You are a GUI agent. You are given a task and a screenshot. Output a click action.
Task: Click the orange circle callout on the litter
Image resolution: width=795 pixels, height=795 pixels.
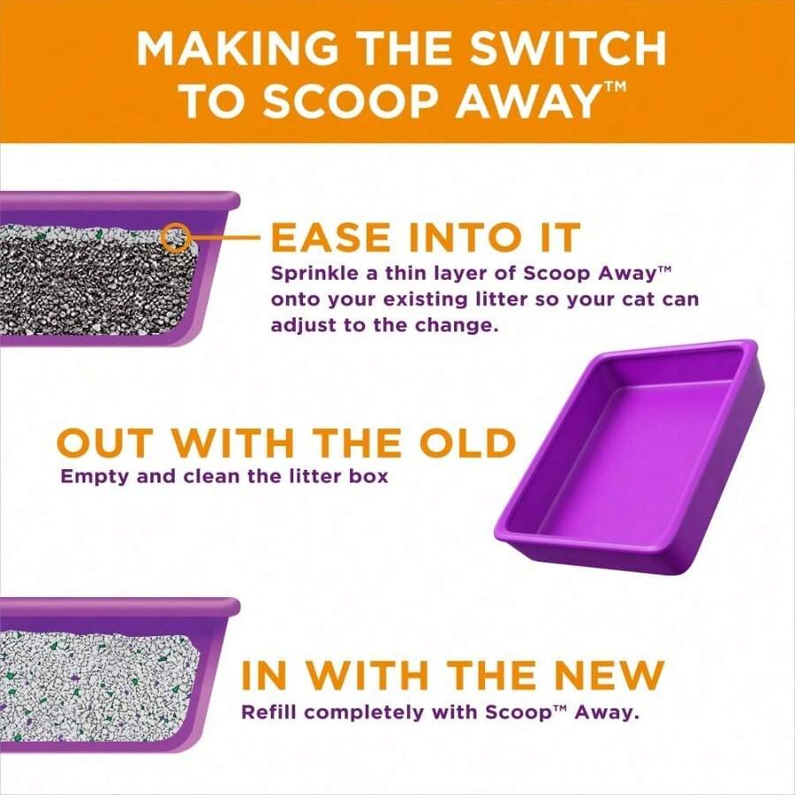pos(177,238)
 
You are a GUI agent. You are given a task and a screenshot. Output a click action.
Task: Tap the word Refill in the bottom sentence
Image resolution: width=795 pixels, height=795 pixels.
pos(268,711)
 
